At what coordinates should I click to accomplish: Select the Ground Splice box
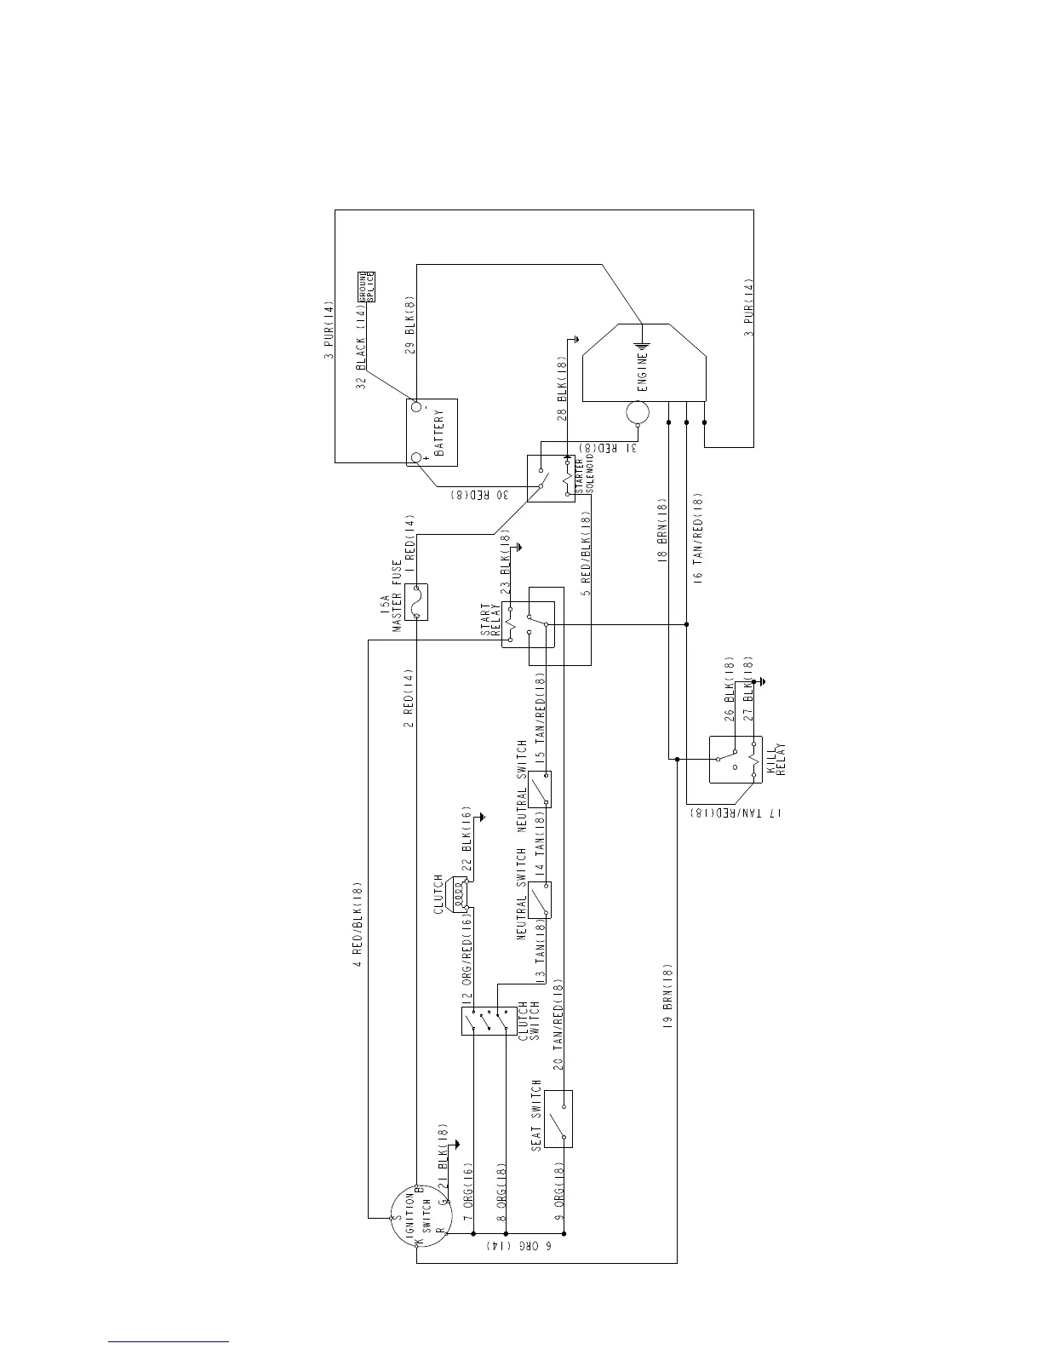[364, 287]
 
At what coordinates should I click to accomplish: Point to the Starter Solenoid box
[551, 478]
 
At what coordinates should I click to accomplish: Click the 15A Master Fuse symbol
[415, 602]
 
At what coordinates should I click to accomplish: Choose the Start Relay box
[527, 624]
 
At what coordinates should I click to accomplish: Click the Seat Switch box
[558, 1118]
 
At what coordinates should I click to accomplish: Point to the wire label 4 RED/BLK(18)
[358, 925]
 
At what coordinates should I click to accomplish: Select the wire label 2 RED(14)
[409, 698]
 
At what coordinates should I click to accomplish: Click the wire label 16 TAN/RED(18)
[698, 537]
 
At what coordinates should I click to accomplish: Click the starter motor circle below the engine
[637, 413]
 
